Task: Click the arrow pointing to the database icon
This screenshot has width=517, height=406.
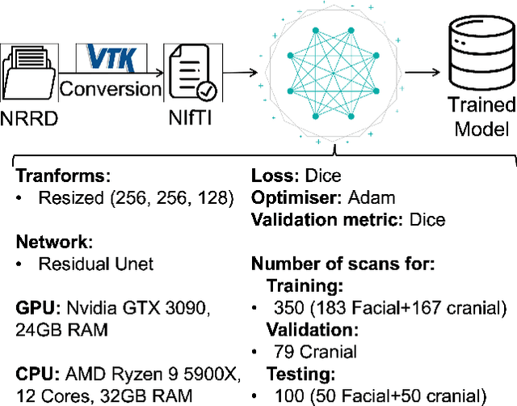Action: click(422, 71)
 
